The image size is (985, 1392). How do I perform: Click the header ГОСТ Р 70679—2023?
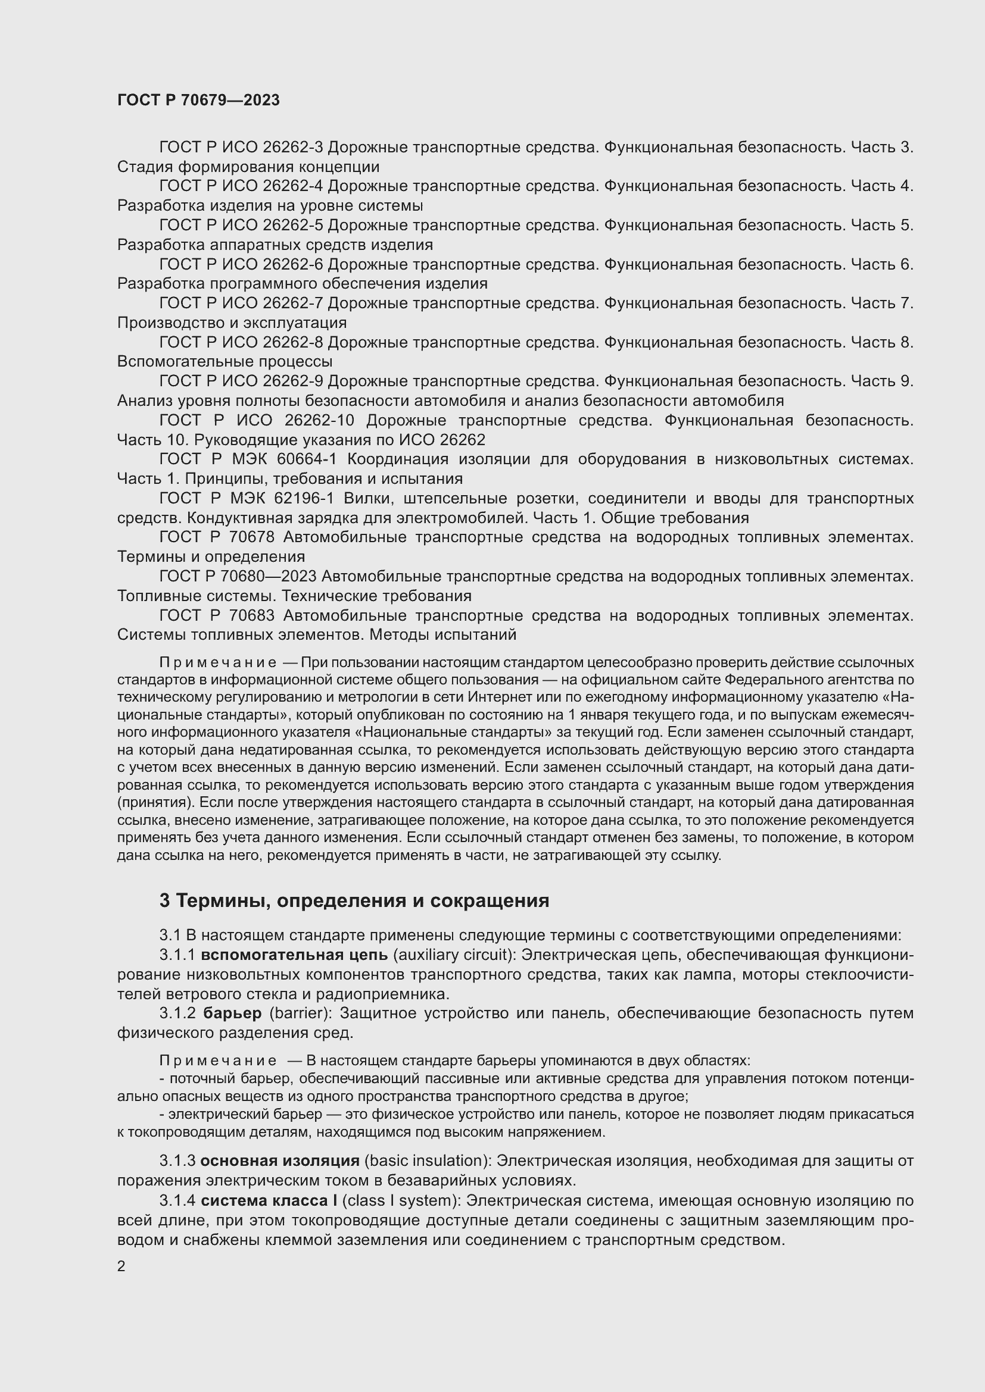[x=198, y=100]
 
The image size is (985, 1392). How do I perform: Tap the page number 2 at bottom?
[x=121, y=1266]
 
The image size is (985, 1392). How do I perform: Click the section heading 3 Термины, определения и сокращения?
[x=354, y=901]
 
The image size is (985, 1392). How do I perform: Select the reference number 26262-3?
[x=294, y=148]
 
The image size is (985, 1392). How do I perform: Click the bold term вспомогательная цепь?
[x=294, y=955]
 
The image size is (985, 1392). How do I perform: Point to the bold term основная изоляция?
[x=280, y=1161]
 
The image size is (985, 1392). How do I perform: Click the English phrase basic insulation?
[x=427, y=1161]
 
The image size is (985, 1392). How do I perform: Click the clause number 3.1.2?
[x=177, y=1013]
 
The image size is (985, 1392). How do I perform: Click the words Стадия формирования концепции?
[x=248, y=167]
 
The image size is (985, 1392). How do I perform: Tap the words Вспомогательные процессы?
[x=225, y=362]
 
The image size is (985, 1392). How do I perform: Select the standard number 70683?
[x=252, y=615]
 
